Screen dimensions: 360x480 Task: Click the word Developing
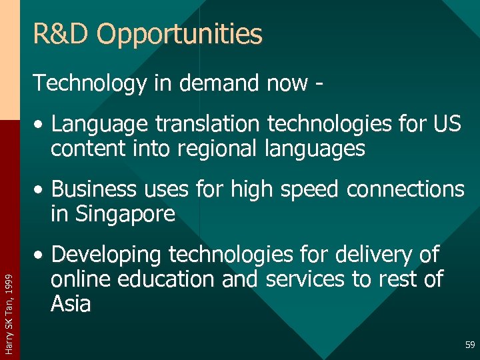(107, 255)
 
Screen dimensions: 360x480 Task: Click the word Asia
(71, 304)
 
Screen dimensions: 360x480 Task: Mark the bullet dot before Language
(42, 125)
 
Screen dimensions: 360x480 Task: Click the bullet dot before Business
(42, 191)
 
